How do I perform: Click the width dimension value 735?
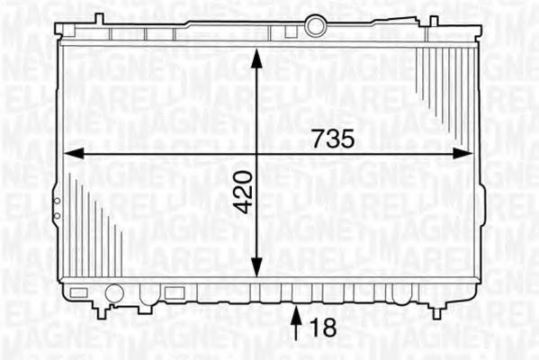335,139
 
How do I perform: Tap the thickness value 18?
323,328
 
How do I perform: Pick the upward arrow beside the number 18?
298,324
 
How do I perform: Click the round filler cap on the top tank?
315,26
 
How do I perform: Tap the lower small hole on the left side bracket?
56,217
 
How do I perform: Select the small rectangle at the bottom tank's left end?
79,292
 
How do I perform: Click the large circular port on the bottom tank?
113,292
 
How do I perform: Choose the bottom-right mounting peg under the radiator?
438,310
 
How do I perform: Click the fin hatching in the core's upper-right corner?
446,81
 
